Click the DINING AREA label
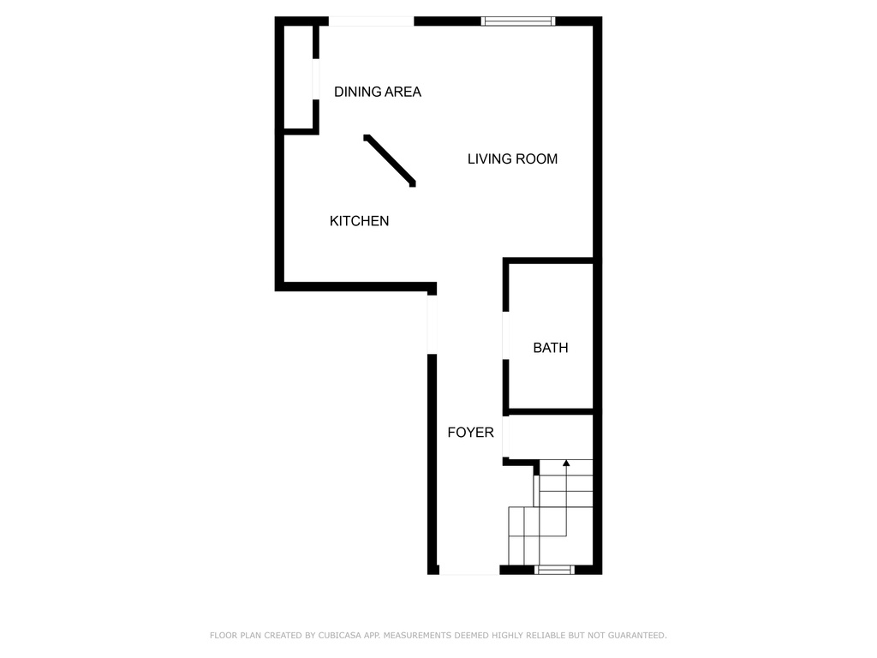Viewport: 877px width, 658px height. point(378,92)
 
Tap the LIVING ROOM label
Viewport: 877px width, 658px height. point(512,159)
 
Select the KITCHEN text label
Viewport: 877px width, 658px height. point(359,221)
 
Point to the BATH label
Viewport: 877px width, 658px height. point(551,348)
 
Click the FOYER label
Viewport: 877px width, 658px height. point(470,433)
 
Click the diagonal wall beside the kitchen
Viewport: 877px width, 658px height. point(390,160)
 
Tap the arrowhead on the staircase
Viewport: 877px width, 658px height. point(566,464)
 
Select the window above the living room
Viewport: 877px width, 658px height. point(518,21)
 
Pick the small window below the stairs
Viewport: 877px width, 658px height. point(554,570)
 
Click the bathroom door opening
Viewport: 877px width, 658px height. point(505,335)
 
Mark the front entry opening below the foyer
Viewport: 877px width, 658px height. point(469,570)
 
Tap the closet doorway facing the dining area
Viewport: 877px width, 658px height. point(316,79)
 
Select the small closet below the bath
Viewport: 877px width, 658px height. point(551,437)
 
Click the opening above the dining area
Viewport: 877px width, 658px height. point(371,21)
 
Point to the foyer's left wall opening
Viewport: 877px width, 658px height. point(432,325)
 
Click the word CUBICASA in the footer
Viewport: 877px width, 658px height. point(339,636)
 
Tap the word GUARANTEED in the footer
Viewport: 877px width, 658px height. point(637,636)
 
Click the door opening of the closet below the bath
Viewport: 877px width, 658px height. point(505,437)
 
